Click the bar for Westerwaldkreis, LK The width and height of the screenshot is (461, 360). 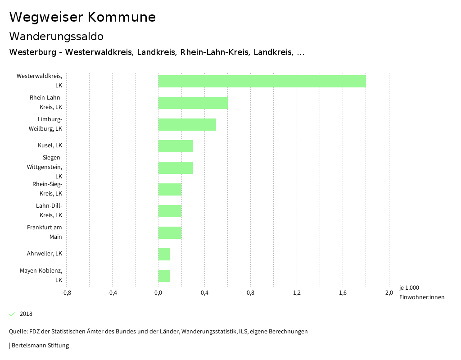[x=262, y=81]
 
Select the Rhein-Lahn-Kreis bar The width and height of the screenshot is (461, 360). [x=193, y=103]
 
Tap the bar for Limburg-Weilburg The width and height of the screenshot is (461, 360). [x=187, y=124]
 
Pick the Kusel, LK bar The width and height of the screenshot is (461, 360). [x=176, y=146]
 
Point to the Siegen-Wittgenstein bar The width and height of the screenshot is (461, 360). [x=176, y=168]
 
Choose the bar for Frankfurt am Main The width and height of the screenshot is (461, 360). [x=170, y=232]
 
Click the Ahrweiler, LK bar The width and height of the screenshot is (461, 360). [x=164, y=254]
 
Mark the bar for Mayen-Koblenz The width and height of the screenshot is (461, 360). [x=164, y=276]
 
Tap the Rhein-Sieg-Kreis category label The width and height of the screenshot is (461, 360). [x=47, y=189]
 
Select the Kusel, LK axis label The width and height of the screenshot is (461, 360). [x=50, y=146]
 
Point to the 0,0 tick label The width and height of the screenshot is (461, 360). [x=158, y=293]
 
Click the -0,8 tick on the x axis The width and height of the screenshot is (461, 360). [x=66, y=293]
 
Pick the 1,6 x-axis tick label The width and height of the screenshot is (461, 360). [x=343, y=293]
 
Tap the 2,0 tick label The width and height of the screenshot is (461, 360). [x=389, y=293]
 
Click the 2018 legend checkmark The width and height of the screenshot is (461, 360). [x=12, y=314]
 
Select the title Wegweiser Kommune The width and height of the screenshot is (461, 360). [x=82, y=17]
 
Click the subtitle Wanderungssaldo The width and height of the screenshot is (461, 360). [x=56, y=36]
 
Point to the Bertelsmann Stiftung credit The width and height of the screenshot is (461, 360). [x=40, y=346]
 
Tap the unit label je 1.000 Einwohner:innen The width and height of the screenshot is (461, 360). [x=421, y=292]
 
